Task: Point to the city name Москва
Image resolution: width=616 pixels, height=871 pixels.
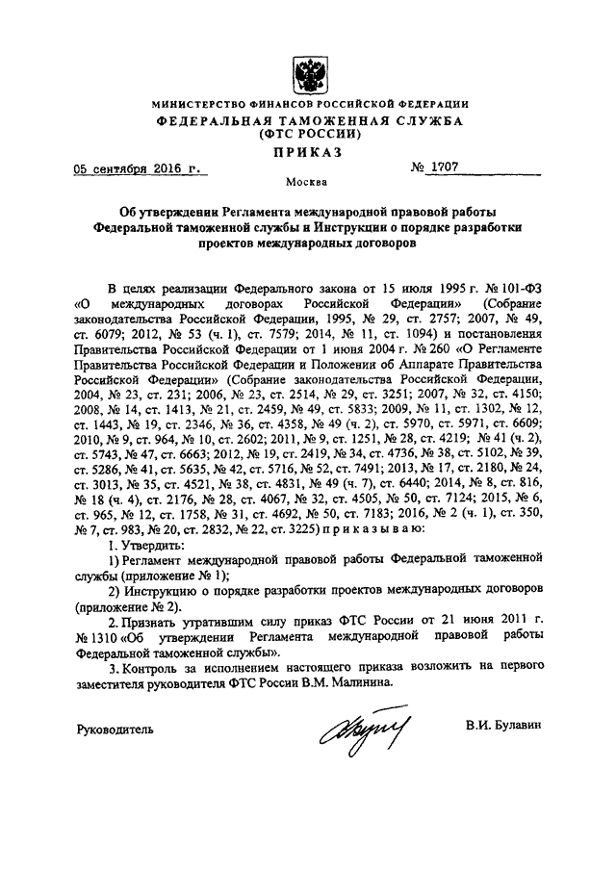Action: tap(309, 182)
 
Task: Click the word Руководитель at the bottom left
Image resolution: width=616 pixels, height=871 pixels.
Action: tap(115, 730)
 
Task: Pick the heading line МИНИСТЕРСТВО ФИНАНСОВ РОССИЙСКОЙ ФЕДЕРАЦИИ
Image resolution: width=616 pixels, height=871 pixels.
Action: tap(310, 104)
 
